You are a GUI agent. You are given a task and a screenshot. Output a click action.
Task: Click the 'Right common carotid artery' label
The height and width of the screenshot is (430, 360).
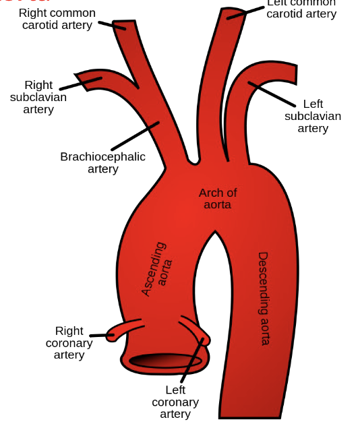coord(57,19)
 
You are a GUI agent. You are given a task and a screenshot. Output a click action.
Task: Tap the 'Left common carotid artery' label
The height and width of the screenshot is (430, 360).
coord(301,8)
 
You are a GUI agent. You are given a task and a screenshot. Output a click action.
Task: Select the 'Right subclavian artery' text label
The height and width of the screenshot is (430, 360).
coord(38,97)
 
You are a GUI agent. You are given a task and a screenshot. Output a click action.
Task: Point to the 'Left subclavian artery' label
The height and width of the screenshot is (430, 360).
coord(313,116)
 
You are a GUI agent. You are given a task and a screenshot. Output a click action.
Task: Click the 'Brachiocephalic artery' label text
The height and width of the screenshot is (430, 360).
coord(102,162)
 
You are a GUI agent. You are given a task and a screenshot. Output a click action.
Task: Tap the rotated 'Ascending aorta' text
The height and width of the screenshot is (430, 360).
coord(156,269)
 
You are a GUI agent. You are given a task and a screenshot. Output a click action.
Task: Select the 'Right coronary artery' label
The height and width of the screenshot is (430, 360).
coord(69,342)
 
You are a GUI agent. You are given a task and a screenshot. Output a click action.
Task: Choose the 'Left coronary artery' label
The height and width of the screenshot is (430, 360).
coord(175,402)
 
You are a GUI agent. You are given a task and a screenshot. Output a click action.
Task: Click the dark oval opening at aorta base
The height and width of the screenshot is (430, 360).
coord(166,361)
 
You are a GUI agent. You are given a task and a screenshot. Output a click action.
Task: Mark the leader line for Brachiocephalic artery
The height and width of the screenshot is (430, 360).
coord(135,136)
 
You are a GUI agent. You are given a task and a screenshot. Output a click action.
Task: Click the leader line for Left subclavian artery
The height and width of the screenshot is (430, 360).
coord(272,95)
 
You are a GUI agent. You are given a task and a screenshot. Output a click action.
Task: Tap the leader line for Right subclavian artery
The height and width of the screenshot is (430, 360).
coord(80,84)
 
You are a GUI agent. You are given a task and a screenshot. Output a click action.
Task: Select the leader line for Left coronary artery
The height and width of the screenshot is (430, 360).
coord(192,361)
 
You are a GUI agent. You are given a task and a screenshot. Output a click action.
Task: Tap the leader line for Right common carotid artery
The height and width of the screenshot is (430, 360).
coord(112,25)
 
